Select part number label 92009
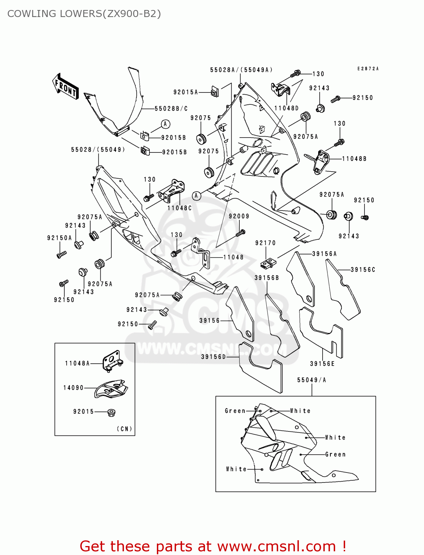pyautogui.click(x=239, y=216)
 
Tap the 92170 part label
pyautogui.click(x=265, y=243)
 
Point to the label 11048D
pyautogui.click(x=286, y=108)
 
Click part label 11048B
pyautogui.click(x=354, y=159)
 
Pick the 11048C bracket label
pyautogui.click(x=179, y=208)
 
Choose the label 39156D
pyautogui.click(x=213, y=357)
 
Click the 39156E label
pyautogui.click(x=322, y=364)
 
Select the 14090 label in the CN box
pyautogui.click(x=73, y=388)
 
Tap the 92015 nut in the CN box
pyautogui.click(x=110, y=412)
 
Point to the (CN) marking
pyautogui.click(x=124, y=429)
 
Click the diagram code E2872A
pyautogui.click(x=368, y=69)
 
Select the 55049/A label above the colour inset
pyautogui.click(x=312, y=380)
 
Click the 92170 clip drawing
pyautogui.click(x=268, y=263)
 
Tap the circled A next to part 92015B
pyautogui.click(x=165, y=124)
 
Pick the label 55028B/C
pyautogui.click(x=171, y=109)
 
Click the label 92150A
pyautogui.click(x=59, y=238)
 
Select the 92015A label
pyautogui.click(x=185, y=92)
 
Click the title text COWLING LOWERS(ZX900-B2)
pyautogui.click(x=84, y=14)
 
